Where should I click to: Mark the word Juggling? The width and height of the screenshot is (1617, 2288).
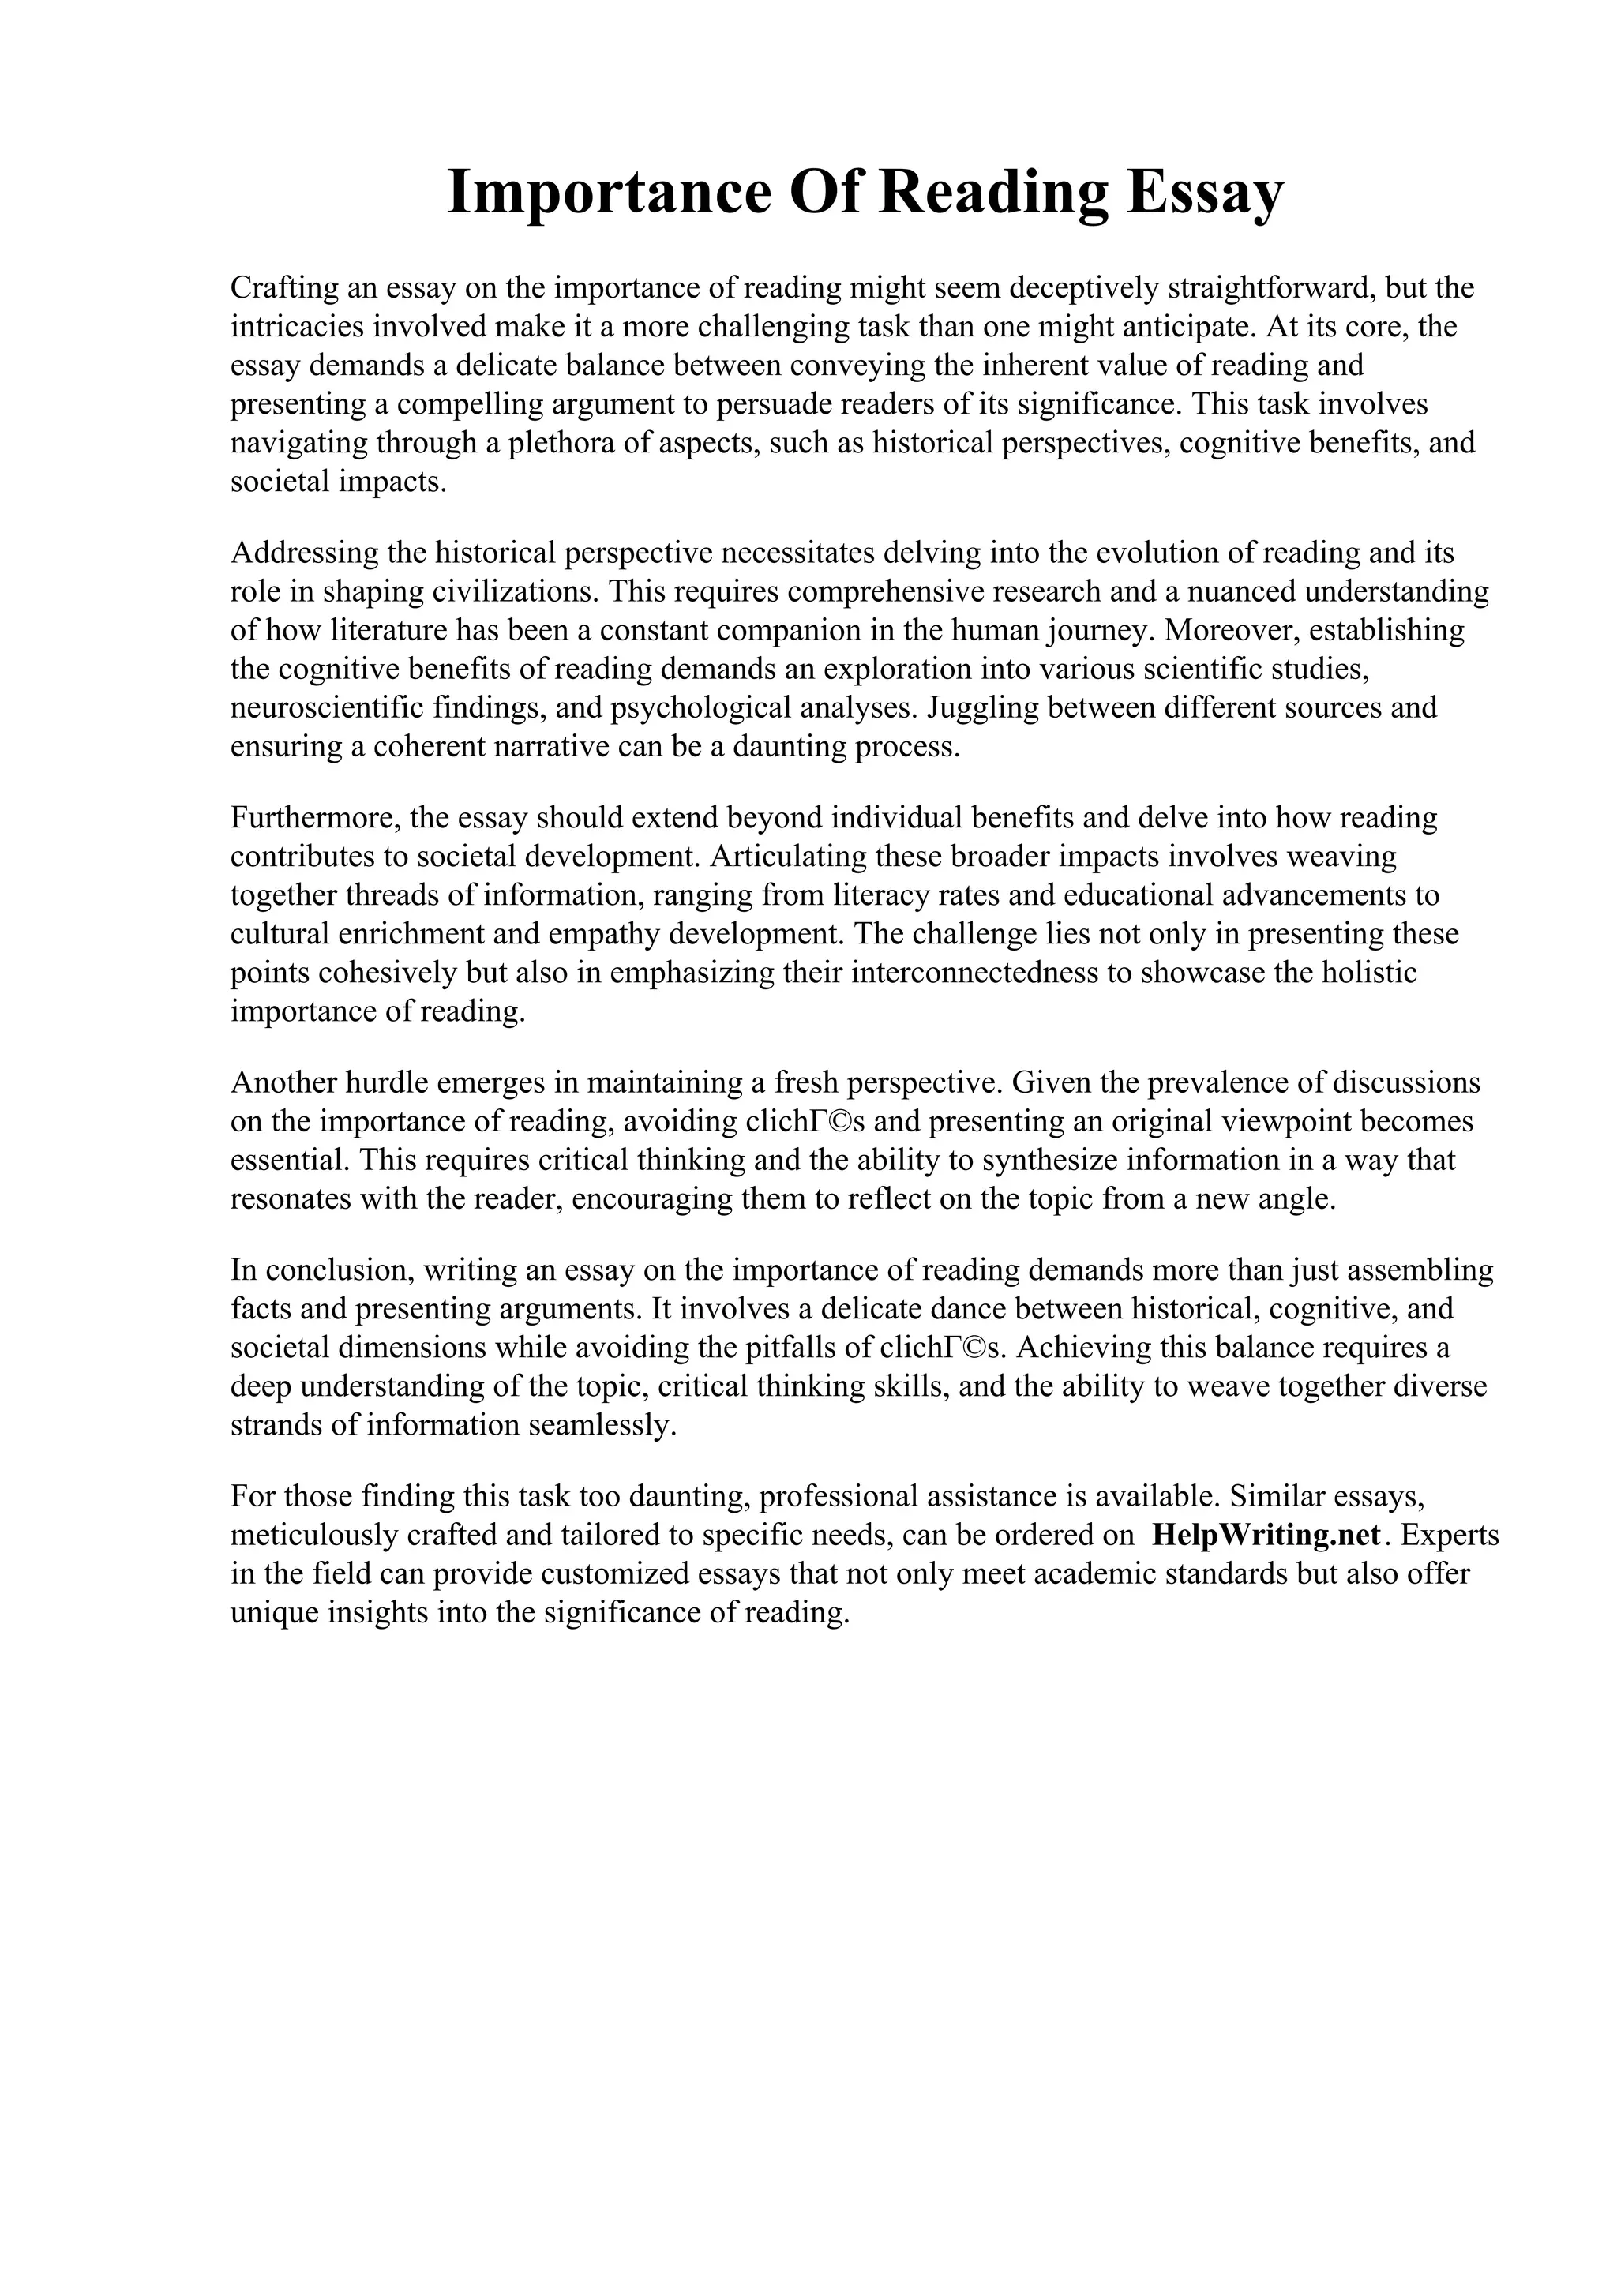tap(981, 707)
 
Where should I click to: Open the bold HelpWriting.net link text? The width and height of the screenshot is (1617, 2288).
tap(1266, 1535)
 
